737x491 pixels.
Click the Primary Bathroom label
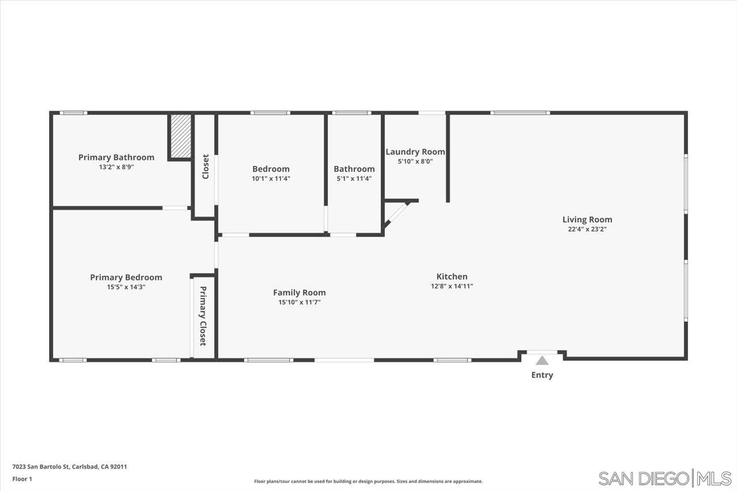click(x=116, y=157)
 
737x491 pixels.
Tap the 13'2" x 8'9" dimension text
click(x=116, y=167)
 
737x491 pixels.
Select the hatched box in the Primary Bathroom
click(x=181, y=136)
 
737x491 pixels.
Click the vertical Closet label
click(x=205, y=166)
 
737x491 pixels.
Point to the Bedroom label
click(x=271, y=169)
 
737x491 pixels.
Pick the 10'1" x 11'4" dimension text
click(x=271, y=178)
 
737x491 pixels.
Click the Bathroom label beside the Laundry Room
click(x=354, y=169)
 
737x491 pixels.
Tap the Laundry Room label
click(x=415, y=151)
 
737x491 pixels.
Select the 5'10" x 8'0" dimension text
click(x=415, y=161)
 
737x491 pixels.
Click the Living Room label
click(x=587, y=219)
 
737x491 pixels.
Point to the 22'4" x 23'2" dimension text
click(x=587, y=229)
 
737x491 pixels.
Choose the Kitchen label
click(x=452, y=276)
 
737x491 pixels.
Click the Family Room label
click(x=299, y=292)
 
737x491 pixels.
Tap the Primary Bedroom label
click(x=126, y=277)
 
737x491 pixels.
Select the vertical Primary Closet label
click(x=203, y=316)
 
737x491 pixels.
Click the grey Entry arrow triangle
click(x=542, y=361)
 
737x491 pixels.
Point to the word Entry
click(x=542, y=375)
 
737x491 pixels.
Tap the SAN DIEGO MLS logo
click(x=664, y=478)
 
